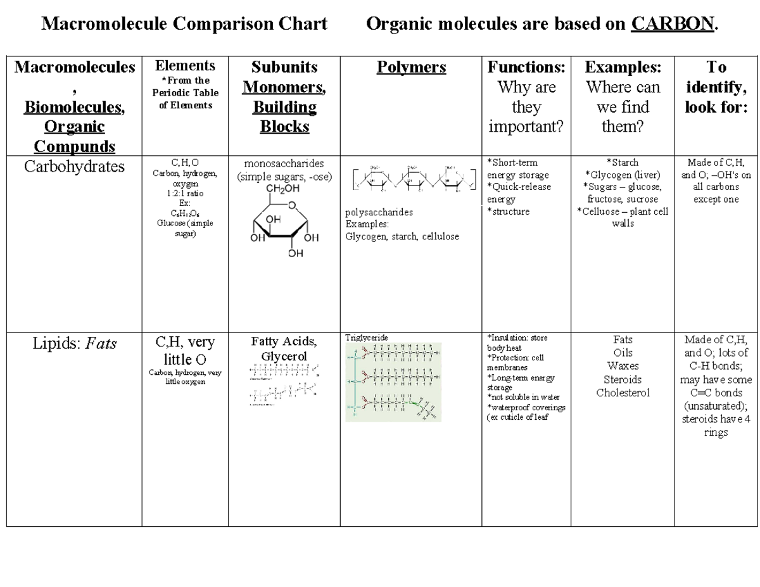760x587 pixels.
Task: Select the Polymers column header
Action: pyautogui.click(x=411, y=67)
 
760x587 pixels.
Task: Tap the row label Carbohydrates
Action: pyautogui.click(x=74, y=167)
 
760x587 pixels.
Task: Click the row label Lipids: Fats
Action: pyautogui.click(x=74, y=344)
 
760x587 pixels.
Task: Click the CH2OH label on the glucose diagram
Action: pyautogui.click(x=283, y=189)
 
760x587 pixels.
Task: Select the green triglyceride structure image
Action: pyautogui.click(x=393, y=382)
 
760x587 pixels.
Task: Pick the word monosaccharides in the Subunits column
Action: pyautogui.click(x=283, y=163)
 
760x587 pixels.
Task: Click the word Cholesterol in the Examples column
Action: pyautogui.click(x=623, y=393)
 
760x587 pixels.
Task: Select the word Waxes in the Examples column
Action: pyautogui.click(x=623, y=366)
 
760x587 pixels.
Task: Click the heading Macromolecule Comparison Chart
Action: pyautogui.click(x=184, y=24)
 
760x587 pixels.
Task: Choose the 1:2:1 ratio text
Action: pyautogui.click(x=185, y=193)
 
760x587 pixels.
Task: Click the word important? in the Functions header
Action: pyautogui.click(x=526, y=127)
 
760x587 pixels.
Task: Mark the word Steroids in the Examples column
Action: pyautogui.click(x=623, y=379)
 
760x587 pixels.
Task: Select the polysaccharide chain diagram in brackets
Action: pyautogui.click(x=412, y=178)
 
